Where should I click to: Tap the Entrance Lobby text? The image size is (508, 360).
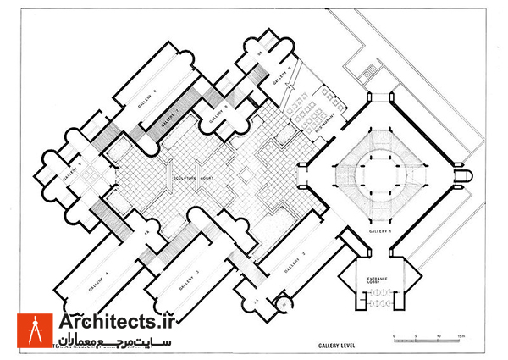pyautogui.click(x=377, y=281)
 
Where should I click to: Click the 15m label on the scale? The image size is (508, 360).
pyautogui.click(x=461, y=336)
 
